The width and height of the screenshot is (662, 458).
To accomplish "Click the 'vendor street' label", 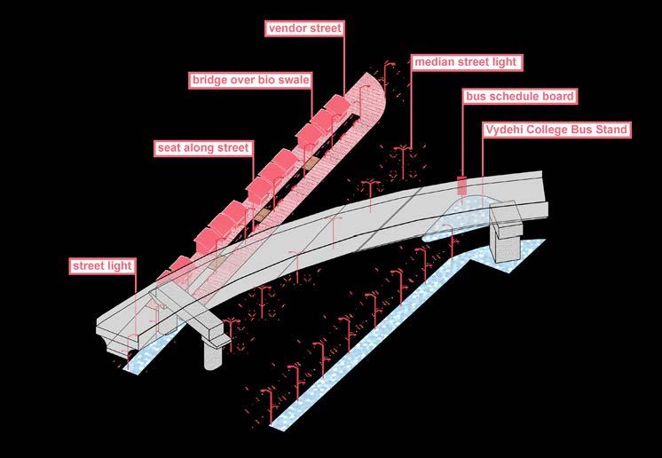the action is pyautogui.click(x=304, y=28).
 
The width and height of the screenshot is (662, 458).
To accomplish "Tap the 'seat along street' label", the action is pyautogui.click(x=204, y=147).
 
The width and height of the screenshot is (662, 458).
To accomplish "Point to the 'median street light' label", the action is pyautogui.click(x=467, y=62).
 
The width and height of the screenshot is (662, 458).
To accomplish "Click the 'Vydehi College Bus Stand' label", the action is pyautogui.click(x=556, y=130).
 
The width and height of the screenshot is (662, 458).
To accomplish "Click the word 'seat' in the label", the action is pyautogui.click(x=169, y=147).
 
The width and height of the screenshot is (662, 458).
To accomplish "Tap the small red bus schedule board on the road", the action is pyautogui.click(x=461, y=186).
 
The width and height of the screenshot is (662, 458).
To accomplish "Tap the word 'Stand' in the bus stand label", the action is pyautogui.click(x=611, y=130).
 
